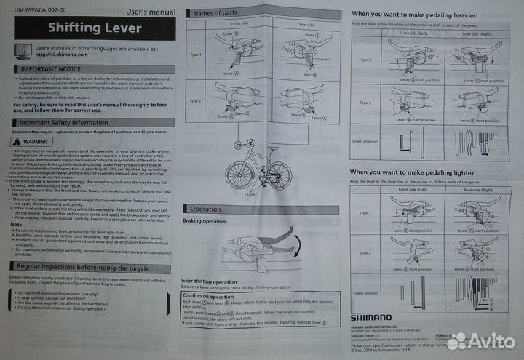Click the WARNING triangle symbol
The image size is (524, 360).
tap(19, 142)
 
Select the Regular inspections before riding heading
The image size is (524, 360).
tap(80, 268)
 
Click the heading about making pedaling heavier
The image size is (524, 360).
tap(414, 14)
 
